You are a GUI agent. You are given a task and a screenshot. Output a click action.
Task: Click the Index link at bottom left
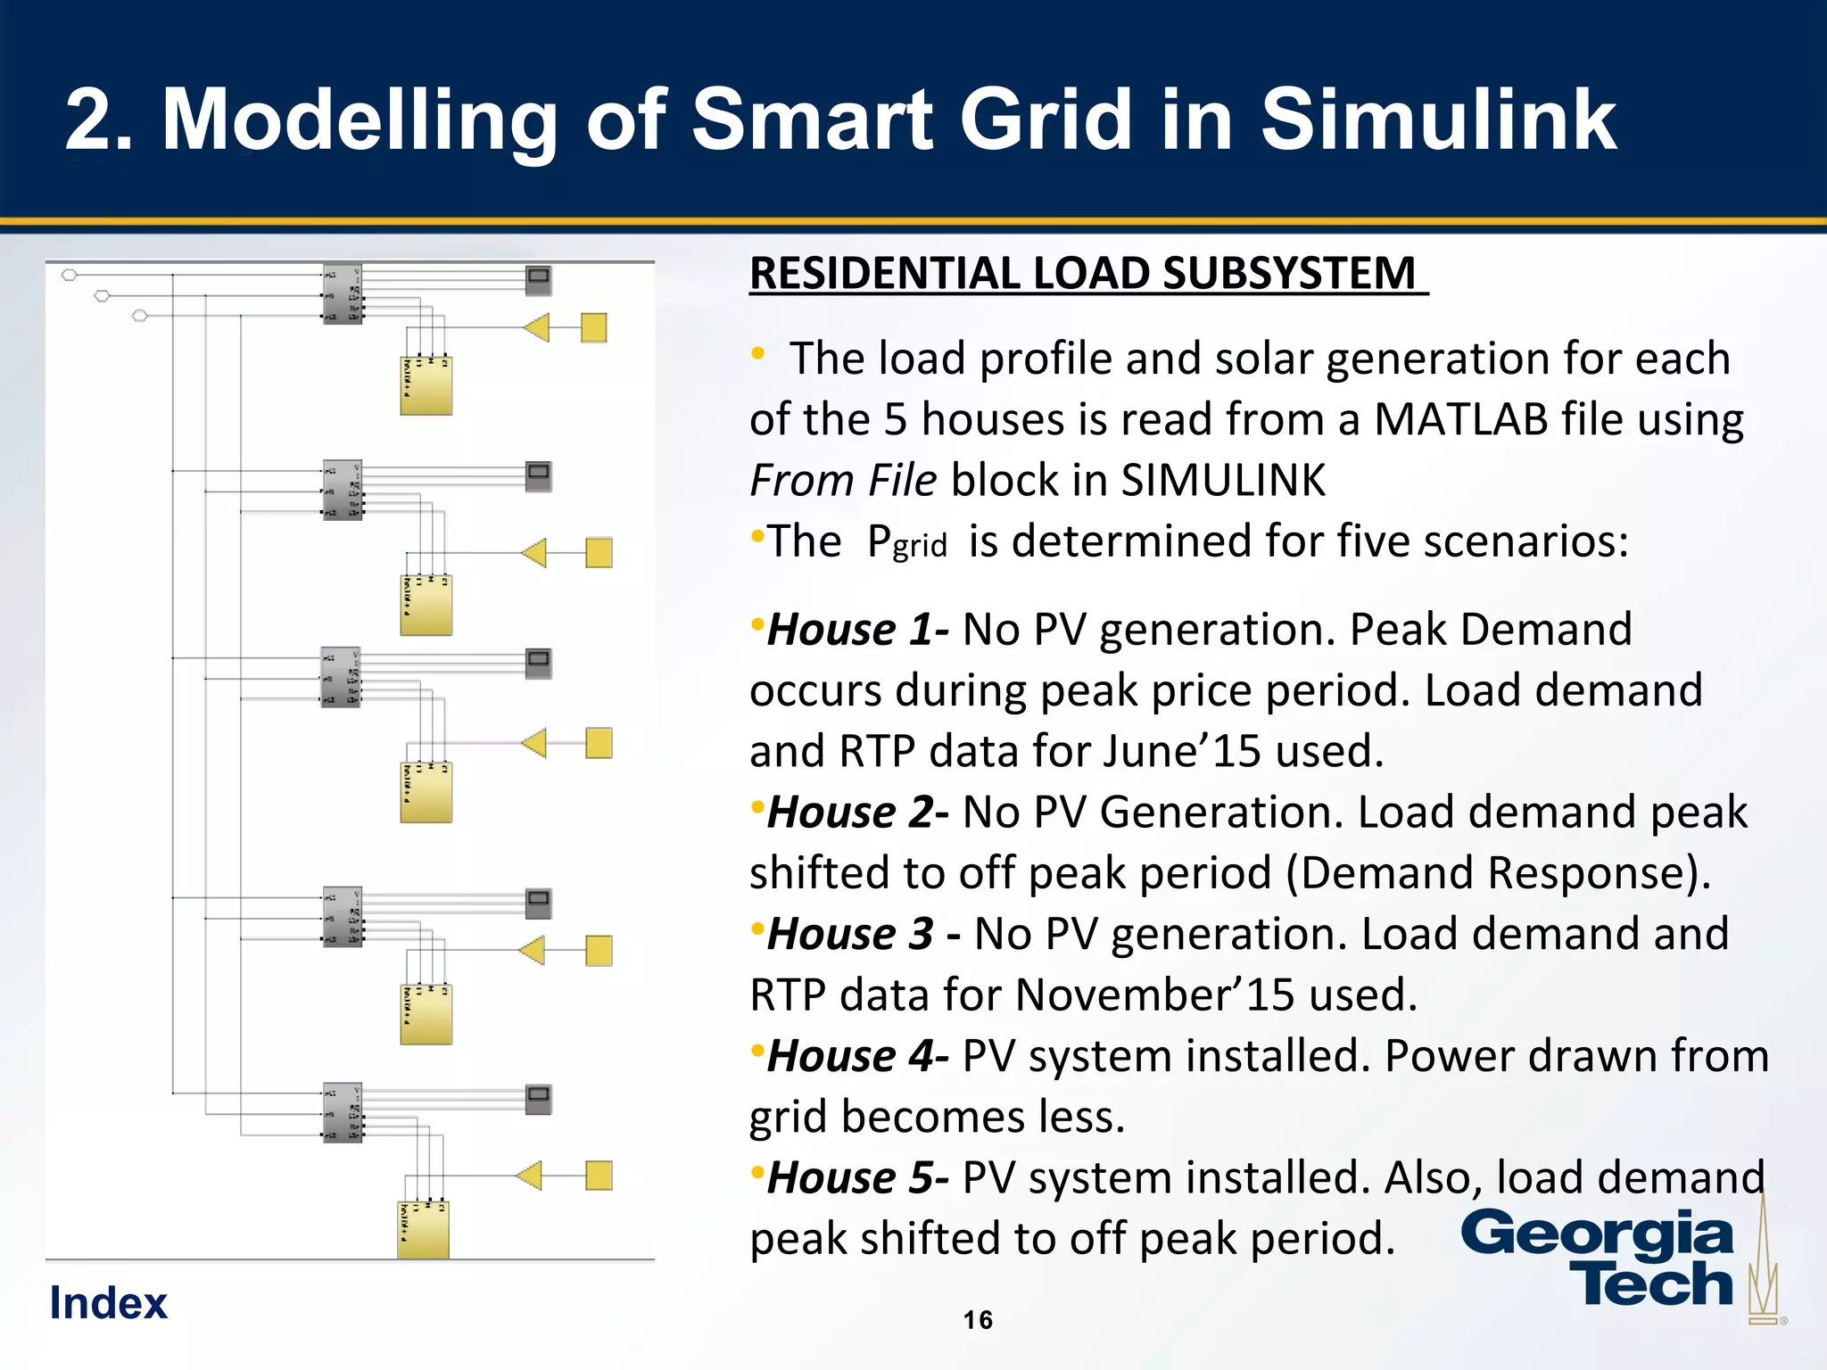click(108, 1303)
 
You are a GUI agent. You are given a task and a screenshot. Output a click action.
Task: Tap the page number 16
click(978, 1320)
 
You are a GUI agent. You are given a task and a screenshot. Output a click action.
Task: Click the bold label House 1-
click(857, 630)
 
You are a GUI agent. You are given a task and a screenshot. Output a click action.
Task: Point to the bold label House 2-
click(857, 813)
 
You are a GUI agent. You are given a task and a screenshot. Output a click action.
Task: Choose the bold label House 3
click(850, 935)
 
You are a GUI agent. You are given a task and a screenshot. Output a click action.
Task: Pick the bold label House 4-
click(857, 1057)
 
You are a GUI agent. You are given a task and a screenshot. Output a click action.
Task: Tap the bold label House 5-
click(857, 1178)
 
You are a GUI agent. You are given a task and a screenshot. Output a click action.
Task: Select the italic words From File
click(843, 481)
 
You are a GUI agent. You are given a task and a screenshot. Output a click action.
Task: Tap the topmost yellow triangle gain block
click(537, 328)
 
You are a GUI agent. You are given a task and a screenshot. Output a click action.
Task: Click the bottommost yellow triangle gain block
click(530, 1176)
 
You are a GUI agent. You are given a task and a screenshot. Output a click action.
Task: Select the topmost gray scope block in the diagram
click(539, 280)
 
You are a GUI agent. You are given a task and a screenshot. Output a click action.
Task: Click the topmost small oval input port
click(70, 275)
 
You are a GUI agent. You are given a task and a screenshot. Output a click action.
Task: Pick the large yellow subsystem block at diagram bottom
click(423, 1230)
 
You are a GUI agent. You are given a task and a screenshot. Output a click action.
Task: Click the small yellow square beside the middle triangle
click(599, 743)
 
